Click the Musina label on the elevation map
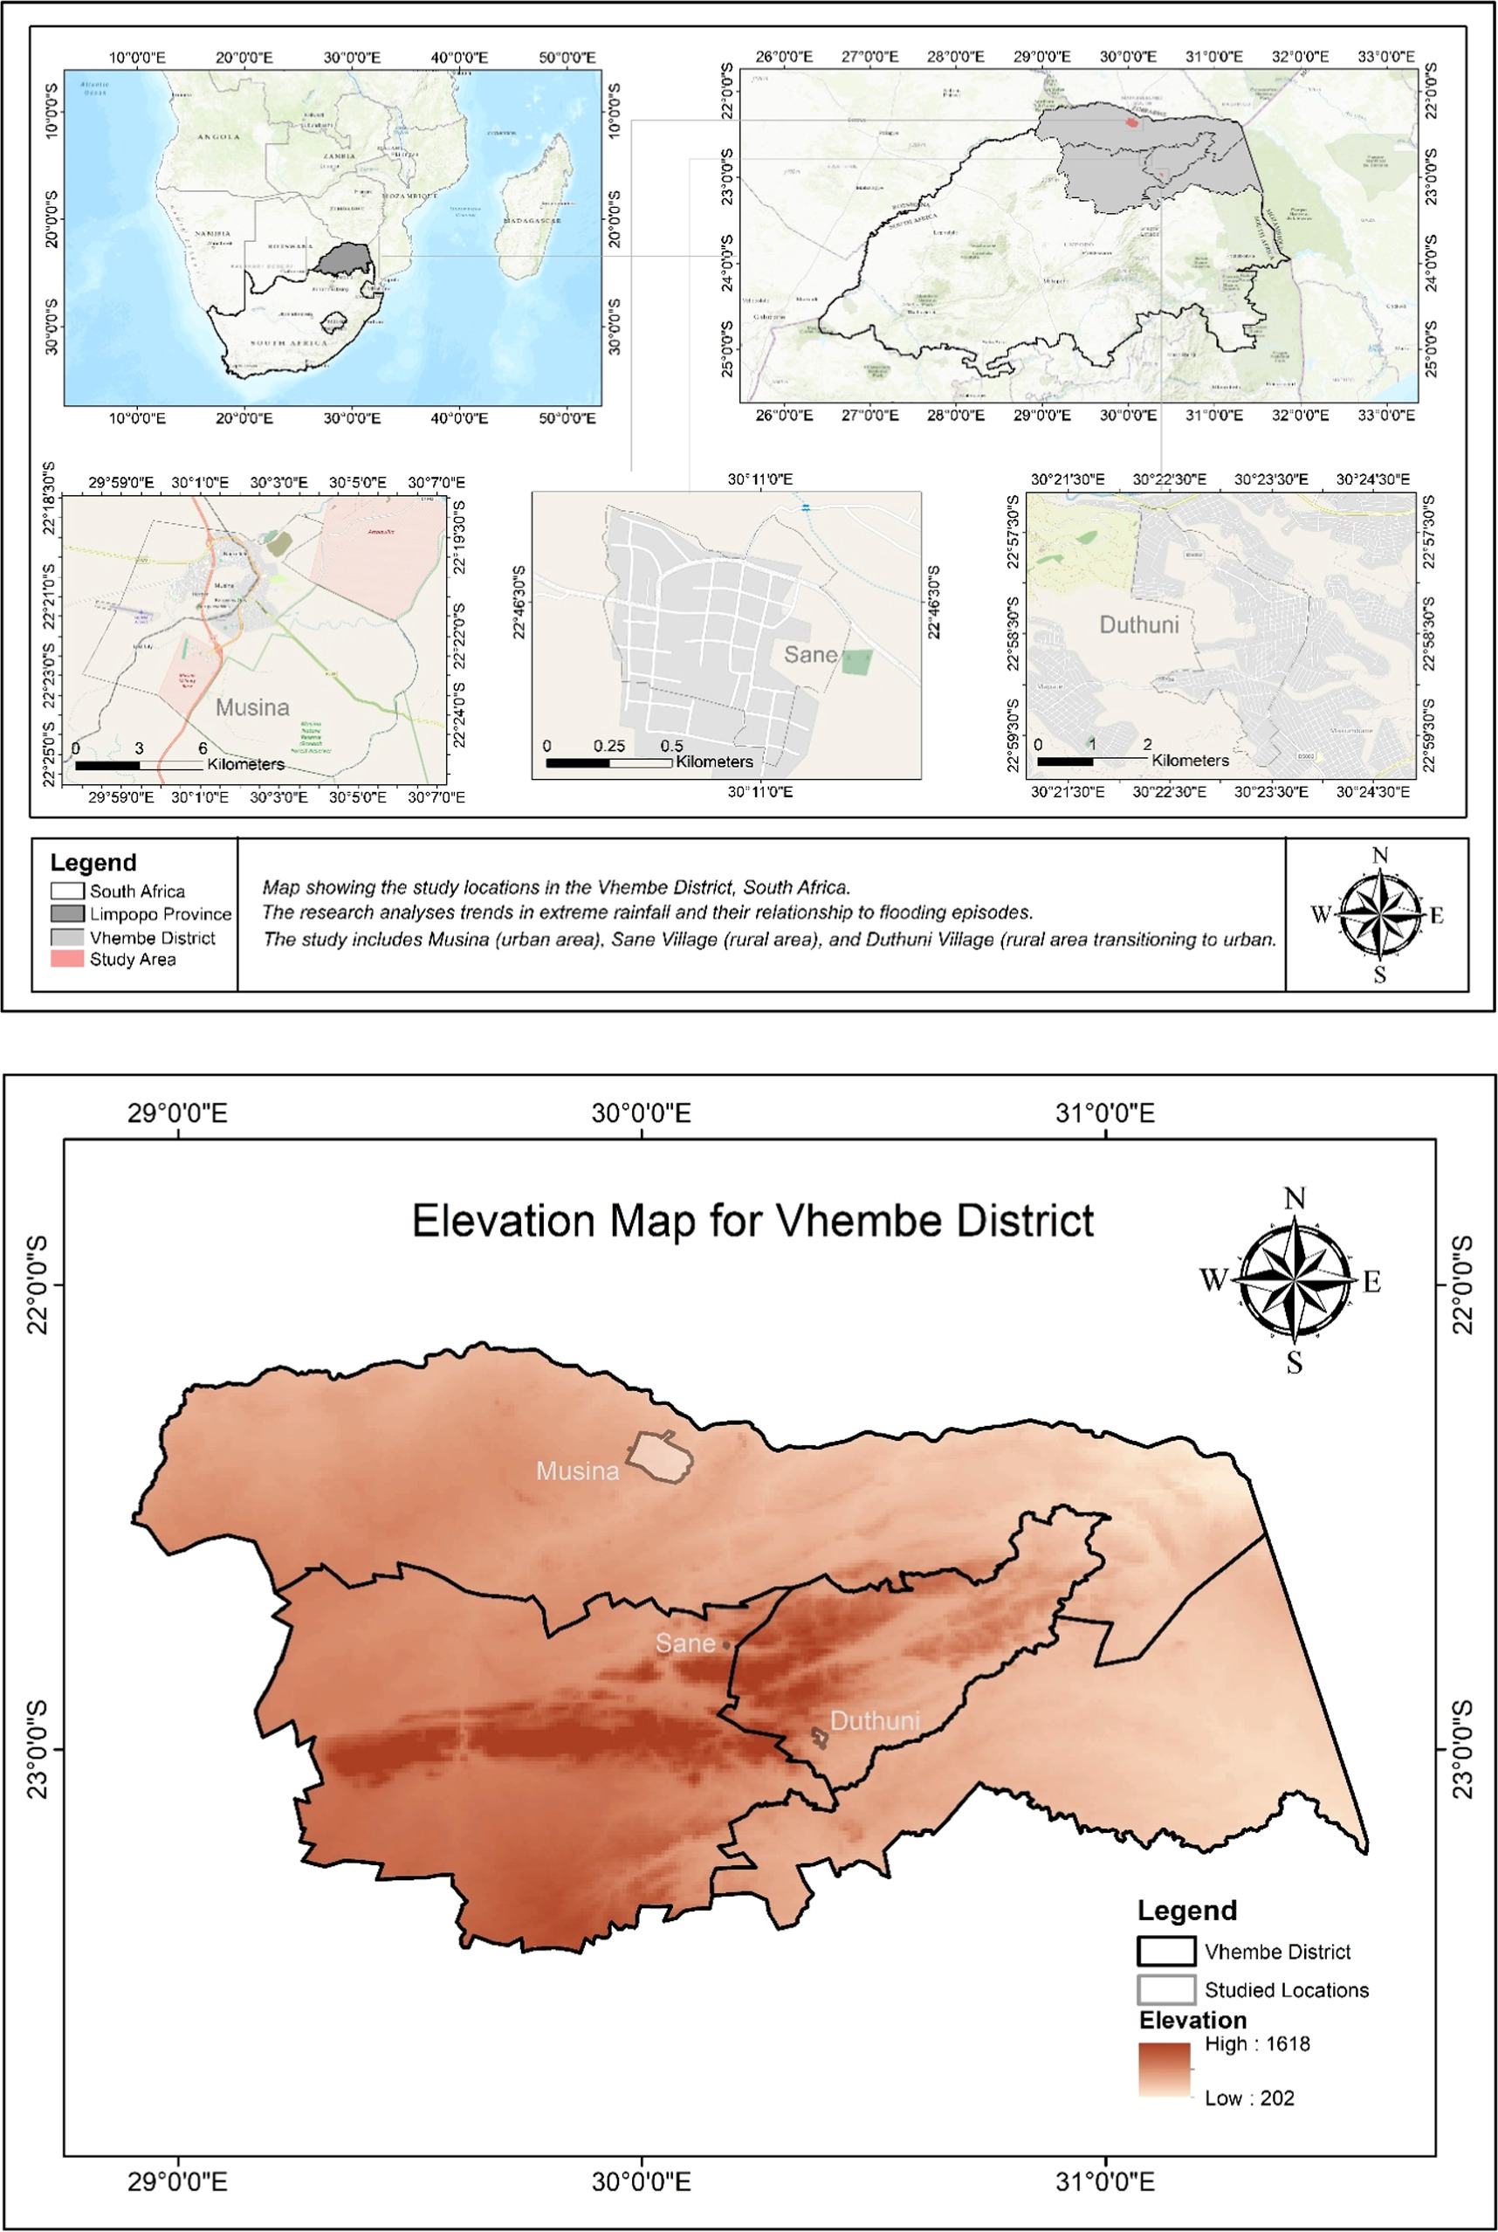577,1471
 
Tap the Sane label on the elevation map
685,1643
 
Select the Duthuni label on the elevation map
874,1721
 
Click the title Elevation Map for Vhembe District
752,1221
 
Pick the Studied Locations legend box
1165,1990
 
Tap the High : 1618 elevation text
1256,2043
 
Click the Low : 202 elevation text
1248,2098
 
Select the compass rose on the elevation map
1295,1280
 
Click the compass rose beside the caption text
1378,915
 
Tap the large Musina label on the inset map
252,707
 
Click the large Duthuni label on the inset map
1139,625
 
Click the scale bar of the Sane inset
608,762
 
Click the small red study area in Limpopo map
1131,121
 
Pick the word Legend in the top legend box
93,862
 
